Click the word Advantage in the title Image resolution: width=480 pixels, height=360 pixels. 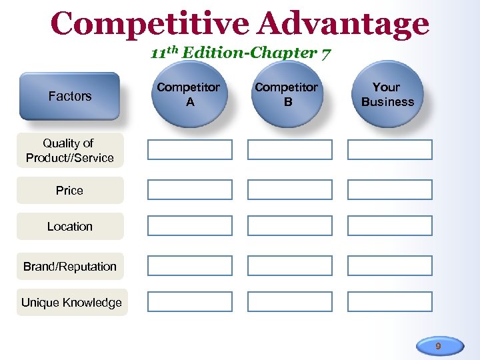coord(343,24)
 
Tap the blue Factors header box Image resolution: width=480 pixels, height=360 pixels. coord(69,96)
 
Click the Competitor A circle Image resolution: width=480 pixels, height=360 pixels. coord(189,95)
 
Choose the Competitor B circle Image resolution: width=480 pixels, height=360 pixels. coord(287,95)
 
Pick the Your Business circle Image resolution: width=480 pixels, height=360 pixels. coord(387,95)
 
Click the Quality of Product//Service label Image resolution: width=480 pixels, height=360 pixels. coord(69,151)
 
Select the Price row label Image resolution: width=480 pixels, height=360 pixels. coord(69,191)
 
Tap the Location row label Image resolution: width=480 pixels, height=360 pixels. coord(69,227)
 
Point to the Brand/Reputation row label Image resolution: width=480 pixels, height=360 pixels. coord(69,267)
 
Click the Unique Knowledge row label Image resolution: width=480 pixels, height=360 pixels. coord(71,303)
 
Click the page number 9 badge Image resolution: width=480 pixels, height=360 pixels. coord(438,346)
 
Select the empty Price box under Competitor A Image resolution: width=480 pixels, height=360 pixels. coord(190,190)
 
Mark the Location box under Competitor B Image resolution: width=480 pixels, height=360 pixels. coord(290,226)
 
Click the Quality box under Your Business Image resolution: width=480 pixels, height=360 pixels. coord(390,150)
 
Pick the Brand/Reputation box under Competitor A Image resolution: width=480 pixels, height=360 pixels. coord(190,266)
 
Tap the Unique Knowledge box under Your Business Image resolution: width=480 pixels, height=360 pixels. coord(390,302)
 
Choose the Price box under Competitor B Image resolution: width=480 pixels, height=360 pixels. coord(290,190)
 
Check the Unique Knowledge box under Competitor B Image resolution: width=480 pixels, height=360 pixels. coord(290,302)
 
